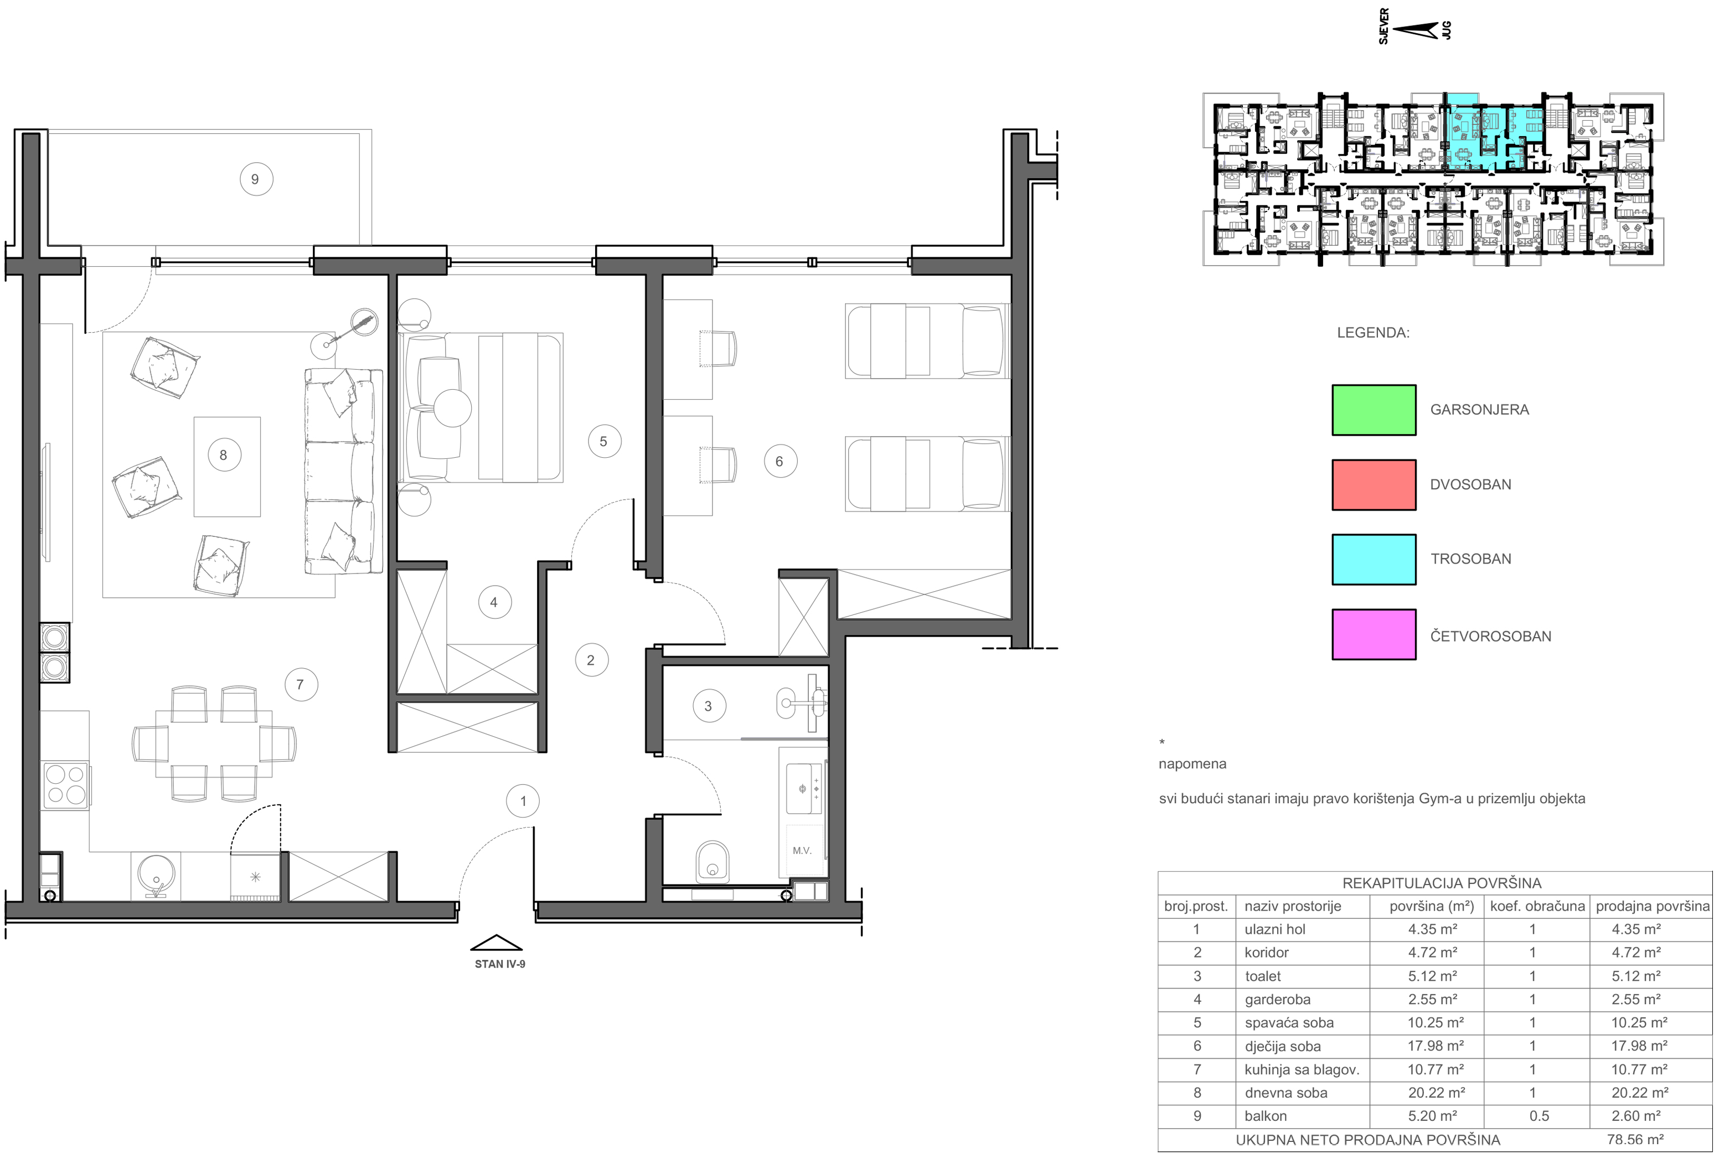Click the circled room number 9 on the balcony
[255, 179]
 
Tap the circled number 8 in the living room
[224, 456]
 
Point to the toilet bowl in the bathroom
[712, 861]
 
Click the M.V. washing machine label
[802, 851]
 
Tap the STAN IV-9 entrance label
[500, 964]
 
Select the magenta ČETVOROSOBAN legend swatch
[1374, 634]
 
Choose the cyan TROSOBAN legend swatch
[1374, 560]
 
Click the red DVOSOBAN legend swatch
[1374, 485]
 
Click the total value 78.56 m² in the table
[1635, 1140]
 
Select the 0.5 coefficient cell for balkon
[1539, 1116]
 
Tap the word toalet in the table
[1263, 976]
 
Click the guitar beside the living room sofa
[350, 330]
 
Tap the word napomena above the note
[1193, 764]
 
